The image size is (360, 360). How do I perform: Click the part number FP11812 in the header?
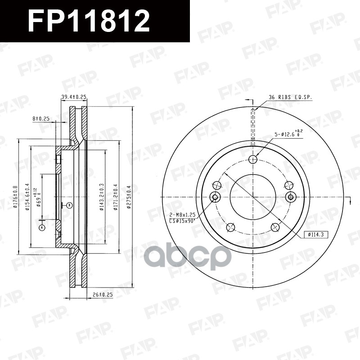[89, 21]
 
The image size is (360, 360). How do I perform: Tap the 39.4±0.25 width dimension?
[74, 97]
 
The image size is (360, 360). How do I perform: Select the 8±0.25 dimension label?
[40, 118]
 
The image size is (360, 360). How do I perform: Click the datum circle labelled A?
[42, 228]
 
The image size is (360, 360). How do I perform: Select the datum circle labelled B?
[69, 205]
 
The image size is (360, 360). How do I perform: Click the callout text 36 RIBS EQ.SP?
[290, 97]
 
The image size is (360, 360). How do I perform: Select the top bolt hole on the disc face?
[253, 158]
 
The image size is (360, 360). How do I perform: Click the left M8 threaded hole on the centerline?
[215, 197]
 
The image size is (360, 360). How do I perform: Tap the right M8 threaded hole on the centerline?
[290, 197]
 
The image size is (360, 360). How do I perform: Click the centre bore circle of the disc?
[253, 197]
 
